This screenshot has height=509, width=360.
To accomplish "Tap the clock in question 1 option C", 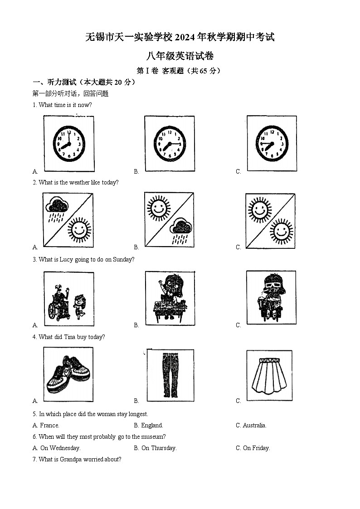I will (x=272, y=143).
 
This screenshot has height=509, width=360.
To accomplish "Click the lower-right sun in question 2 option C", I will (x=282, y=230).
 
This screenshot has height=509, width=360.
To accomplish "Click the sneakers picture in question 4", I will (x=69, y=374).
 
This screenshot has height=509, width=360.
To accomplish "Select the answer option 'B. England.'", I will (x=148, y=426).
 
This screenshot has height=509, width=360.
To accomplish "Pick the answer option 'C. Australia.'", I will (x=251, y=426).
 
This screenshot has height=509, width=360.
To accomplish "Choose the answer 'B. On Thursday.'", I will (x=155, y=448).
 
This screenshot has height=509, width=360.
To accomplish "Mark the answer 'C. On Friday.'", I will (x=253, y=448).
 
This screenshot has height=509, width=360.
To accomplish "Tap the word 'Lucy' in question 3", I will (x=67, y=260).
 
